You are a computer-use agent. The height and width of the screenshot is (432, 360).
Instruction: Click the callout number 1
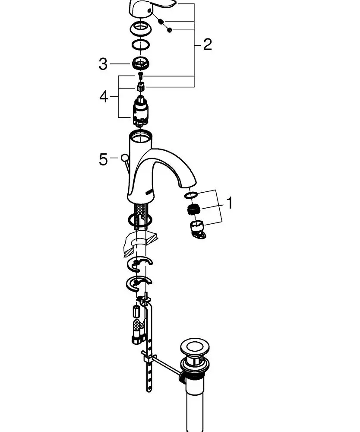pyautogui.click(x=230, y=202)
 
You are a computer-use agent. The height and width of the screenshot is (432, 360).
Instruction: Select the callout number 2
pyautogui.click(x=207, y=44)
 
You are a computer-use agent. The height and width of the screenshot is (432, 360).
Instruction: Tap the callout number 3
pyautogui.click(x=103, y=64)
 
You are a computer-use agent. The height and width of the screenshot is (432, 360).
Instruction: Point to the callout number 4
pyautogui.click(x=104, y=96)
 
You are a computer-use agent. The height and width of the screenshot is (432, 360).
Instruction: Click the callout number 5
pyautogui.click(x=103, y=159)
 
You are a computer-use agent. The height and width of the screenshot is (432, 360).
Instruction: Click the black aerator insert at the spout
pyautogui.click(x=194, y=210)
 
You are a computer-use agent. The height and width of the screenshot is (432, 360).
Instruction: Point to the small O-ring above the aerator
pyautogui.click(x=190, y=195)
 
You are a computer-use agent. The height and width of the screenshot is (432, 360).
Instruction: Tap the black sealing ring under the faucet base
pyautogui.click(x=140, y=221)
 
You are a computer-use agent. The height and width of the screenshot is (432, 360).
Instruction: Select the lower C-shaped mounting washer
pyautogui.click(x=139, y=283)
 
